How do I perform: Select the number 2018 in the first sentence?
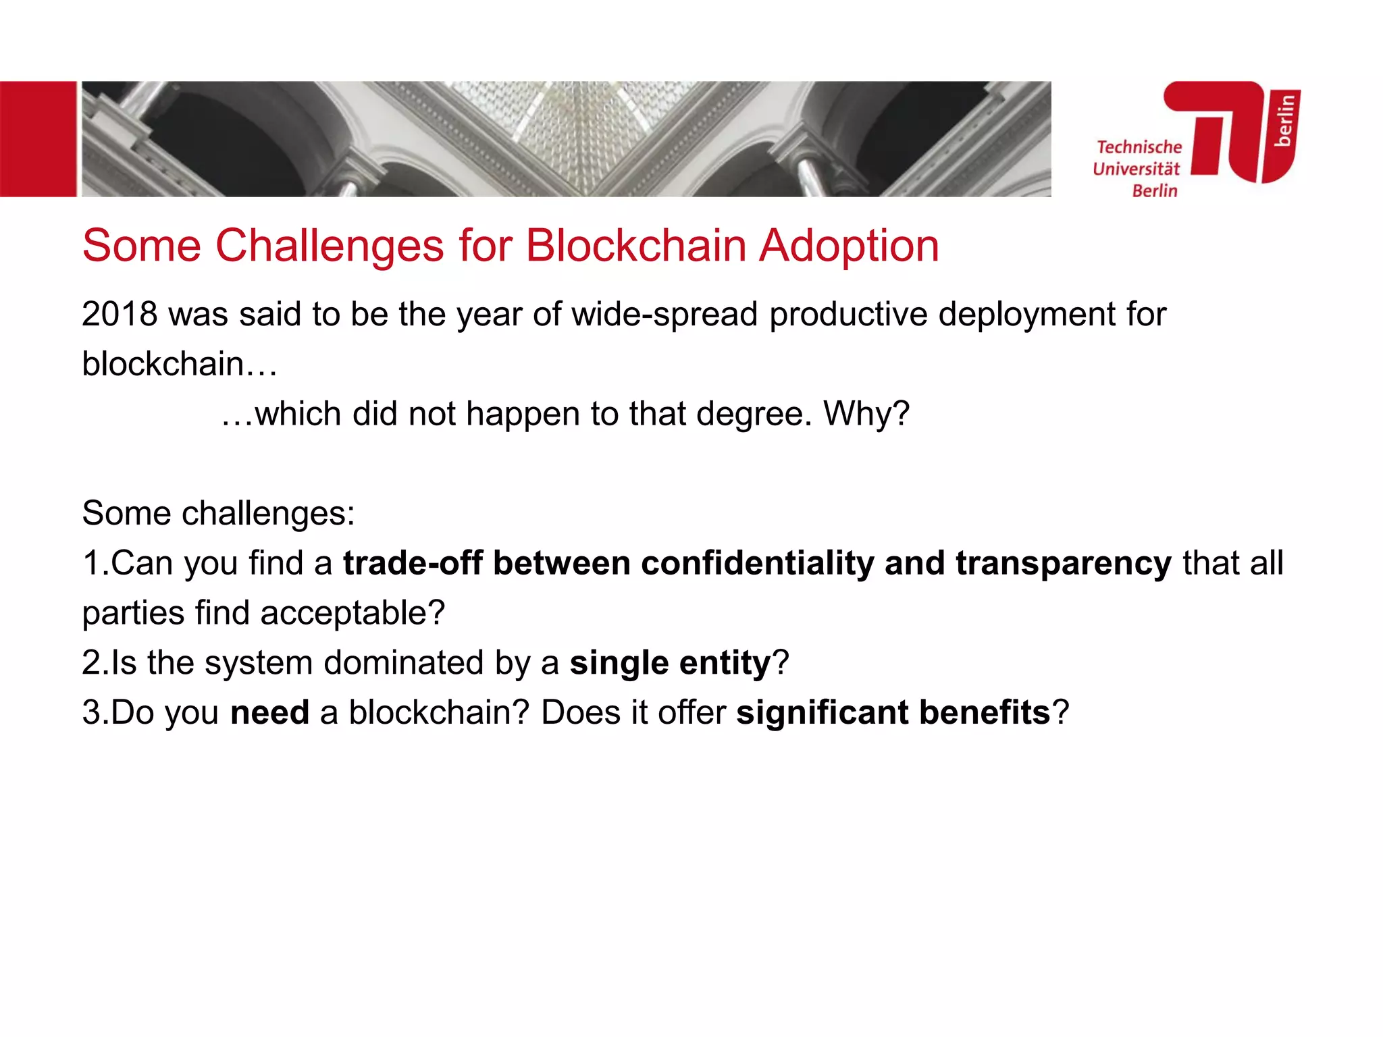click(x=120, y=314)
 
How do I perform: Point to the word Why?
click(x=866, y=413)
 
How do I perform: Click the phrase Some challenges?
click(x=218, y=513)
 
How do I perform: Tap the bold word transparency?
click(x=1063, y=564)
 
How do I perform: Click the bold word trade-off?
click(x=413, y=563)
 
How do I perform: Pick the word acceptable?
click(x=353, y=613)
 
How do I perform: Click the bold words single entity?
click(x=670, y=663)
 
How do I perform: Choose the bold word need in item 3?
click(x=269, y=712)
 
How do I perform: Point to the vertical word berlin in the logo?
click(x=1284, y=121)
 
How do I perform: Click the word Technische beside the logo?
click(x=1139, y=147)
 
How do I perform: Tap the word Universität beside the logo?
click(x=1136, y=169)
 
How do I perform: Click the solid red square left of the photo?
click(x=38, y=139)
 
